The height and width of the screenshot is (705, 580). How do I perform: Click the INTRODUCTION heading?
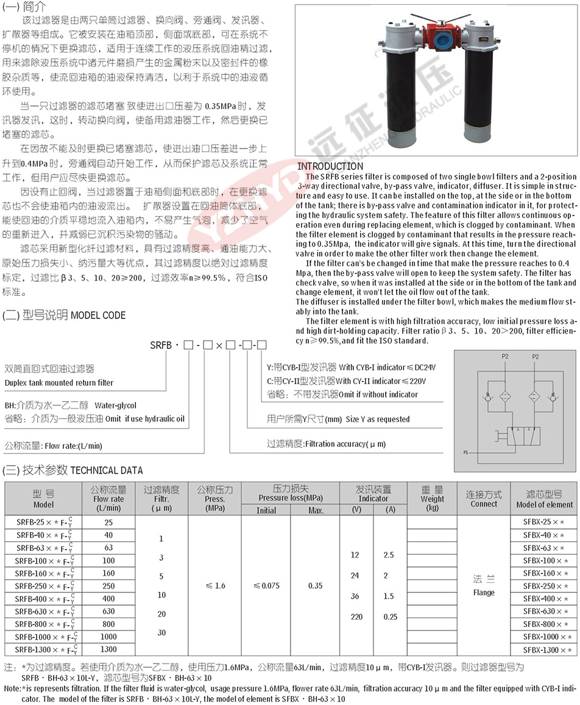click(330, 166)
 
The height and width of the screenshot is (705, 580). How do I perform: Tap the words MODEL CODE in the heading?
click(99, 315)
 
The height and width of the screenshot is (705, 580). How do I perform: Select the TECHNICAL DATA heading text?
click(107, 470)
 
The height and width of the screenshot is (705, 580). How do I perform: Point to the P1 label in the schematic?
click(465, 452)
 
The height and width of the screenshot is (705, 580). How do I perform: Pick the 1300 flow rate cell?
click(108, 649)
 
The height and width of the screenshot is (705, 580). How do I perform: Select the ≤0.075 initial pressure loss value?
click(266, 586)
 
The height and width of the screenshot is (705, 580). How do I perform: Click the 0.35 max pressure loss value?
click(316, 586)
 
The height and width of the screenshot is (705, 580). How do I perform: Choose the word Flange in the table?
click(484, 592)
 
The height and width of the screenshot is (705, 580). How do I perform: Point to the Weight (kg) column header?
click(433, 498)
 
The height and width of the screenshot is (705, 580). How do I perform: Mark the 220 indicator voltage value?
click(356, 617)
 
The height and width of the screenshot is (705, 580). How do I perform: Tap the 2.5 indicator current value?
click(389, 555)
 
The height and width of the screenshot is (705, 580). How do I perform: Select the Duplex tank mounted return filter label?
click(59, 382)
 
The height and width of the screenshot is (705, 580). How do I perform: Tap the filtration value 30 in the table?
click(161, 633)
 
